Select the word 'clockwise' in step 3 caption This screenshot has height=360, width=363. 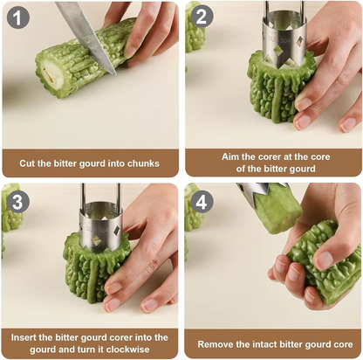(131, 350)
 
